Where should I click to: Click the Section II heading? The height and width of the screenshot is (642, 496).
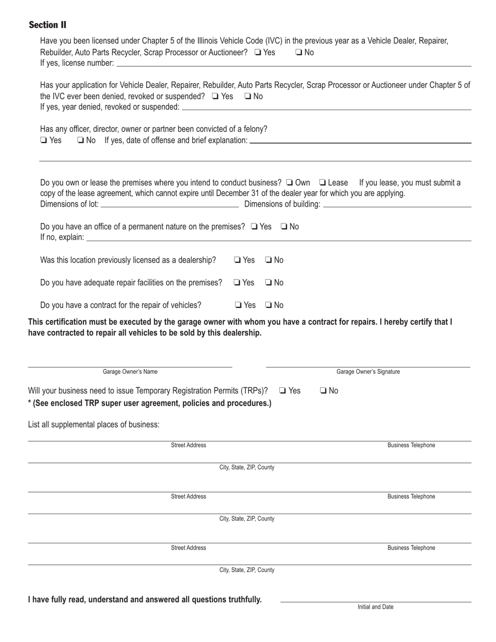coord(48,25)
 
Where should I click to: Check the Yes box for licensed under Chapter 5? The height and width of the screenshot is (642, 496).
coord(257,52)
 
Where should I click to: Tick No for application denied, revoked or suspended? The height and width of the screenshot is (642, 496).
coord(248,96)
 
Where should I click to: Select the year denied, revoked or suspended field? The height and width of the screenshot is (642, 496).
coord(326,107)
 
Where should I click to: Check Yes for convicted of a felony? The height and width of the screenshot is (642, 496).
coord(44,140)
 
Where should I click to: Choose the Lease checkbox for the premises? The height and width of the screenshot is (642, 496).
coord(322,183)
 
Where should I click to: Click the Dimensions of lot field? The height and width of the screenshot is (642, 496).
coord(169,204)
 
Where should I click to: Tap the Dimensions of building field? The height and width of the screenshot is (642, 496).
coord(397,204)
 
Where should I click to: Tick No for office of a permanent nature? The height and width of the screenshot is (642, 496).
coord(284,227)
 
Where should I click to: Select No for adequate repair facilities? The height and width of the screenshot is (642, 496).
coord(268,282)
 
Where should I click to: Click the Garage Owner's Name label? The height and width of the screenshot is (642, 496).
coord(130,372)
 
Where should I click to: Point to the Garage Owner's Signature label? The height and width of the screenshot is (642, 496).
coord(368,372)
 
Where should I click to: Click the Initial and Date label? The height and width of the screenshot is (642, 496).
coord(375,607)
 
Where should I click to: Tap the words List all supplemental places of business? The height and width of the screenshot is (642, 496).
coord(94,424)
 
